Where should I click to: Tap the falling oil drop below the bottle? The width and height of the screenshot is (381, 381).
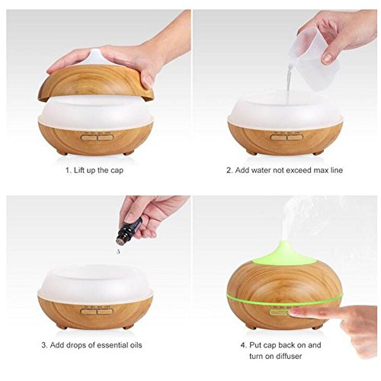click(x=117, y=251)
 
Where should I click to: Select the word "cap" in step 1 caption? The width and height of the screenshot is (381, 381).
click(x=117, y=171)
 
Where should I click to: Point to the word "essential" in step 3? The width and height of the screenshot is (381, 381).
click(x=112, y=345)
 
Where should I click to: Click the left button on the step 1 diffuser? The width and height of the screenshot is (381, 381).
click(x=89, y=138)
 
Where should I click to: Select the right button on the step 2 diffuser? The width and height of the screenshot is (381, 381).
click(x=295, y=137)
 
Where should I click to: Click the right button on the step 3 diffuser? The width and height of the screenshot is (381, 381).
click(x=105, y=312)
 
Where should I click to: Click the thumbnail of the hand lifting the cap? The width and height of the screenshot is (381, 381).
click(x=148, y=81)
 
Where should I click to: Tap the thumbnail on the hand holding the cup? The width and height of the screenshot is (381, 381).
click(x=327, y=59)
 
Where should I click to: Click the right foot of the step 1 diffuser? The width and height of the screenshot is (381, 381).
click(x=129, y=153)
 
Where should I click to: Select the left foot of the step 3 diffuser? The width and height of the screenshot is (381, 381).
click(x=62, y=327)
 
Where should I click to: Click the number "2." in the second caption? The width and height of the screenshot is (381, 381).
click(x=229, y=171)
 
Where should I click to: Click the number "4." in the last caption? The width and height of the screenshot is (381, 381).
click(x=244, y=345)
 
